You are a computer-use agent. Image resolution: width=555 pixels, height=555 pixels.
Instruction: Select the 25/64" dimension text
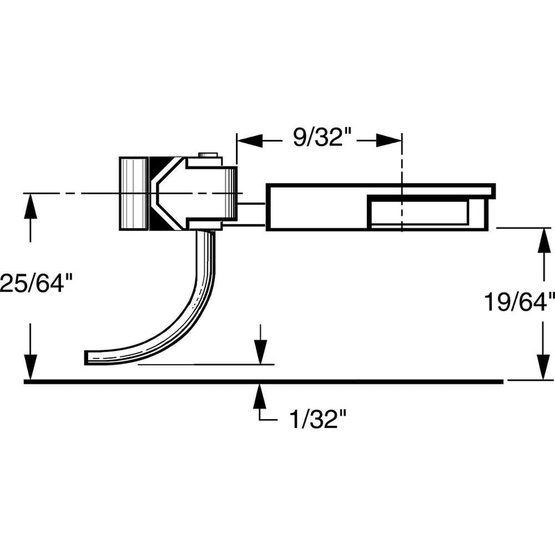coord(36,283)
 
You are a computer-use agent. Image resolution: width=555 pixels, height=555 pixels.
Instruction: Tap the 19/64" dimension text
coord(519,302)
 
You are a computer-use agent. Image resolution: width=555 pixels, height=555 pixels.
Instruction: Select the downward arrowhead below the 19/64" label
coord(541,369)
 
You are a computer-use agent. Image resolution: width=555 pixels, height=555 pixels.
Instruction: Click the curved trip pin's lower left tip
coord(89,357)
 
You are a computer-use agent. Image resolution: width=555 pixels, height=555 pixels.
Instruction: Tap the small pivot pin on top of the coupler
coord(206,156)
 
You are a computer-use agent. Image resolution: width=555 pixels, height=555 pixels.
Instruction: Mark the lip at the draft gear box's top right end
coord(491,189)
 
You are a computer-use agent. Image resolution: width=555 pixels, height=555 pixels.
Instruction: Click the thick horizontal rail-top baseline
coord(264,381)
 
